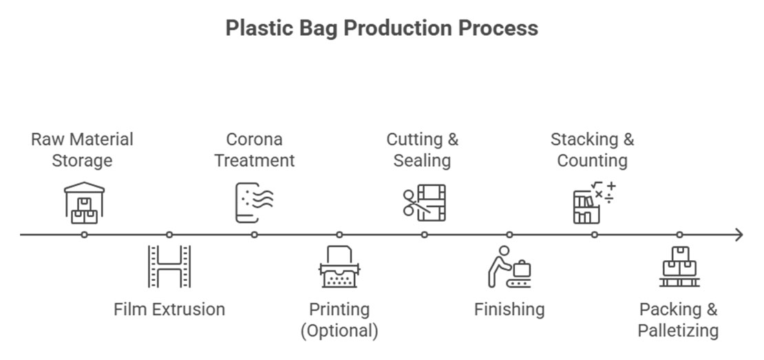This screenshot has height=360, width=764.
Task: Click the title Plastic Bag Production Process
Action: click(381, 28)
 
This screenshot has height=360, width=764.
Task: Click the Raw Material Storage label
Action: click(82, 150)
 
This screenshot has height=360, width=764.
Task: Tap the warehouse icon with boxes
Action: click(84, 203)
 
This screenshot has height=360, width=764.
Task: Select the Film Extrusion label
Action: click(169, 309)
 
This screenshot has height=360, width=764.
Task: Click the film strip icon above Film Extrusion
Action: click(169, 266)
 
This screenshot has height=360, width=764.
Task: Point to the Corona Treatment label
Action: click(254, 150)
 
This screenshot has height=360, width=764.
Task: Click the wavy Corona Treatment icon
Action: click(254, 202)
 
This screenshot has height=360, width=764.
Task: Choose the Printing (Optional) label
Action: click(339, 320)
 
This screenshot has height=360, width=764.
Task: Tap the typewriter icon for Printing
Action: click(339, 267)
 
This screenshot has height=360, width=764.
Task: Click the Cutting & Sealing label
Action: click(422, 150)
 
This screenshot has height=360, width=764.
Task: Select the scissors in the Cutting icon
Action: click(412, 203)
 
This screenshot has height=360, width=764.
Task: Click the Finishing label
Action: click(509, 309)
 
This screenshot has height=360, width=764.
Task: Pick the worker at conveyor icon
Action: click(509, 267)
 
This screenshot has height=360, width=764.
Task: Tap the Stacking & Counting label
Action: click(592, 150)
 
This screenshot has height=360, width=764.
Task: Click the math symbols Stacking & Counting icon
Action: click(594, 202)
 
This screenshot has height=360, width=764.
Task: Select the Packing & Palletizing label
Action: click(678, 320)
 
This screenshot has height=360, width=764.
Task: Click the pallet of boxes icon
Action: click(679, 267)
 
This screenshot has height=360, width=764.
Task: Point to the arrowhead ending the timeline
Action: click(739, 235)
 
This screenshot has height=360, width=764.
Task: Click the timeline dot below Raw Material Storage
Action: click(84, 235)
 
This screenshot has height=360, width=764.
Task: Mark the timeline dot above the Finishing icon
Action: click(509, 235)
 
